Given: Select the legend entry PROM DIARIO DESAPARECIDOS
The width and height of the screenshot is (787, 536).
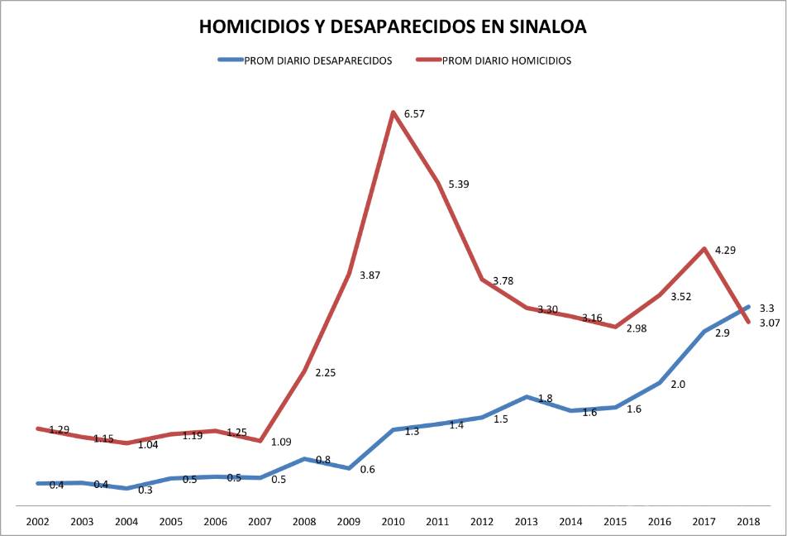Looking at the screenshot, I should pyautogui.click(x=317, y=60).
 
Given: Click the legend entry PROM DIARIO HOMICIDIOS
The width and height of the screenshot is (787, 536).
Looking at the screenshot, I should pyautogui.click(x=506, y=60).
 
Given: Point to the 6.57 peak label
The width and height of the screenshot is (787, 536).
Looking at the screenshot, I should pyautogui.click(x=413, y=113).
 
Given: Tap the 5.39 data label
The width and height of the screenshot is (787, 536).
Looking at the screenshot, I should pyautogui.click(x=458, y=184).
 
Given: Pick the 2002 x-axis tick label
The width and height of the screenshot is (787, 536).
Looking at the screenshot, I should pyautogui.click(x=36, y=522).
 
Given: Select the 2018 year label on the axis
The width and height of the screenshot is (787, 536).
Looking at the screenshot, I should pyautogui.click(x=748, y=522).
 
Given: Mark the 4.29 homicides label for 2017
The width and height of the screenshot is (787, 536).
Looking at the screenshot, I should pyautogui.click(x=724, y=249).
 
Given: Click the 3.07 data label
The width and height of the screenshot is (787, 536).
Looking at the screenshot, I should pyautogui.click(x=769, y=323).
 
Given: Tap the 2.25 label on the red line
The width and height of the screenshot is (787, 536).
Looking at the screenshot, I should pyautogui.click(x=324, y=372).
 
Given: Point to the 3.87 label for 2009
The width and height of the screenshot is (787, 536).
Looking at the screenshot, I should pyautogui.click(x=370, y=275).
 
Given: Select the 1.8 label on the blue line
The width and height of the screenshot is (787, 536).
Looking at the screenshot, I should pyautogui.click(x=545, y=399).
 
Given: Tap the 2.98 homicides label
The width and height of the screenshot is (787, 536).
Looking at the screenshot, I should pyautogui.click(x=636, y=328).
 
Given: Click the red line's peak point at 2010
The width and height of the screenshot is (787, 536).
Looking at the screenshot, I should pyautogui.click(x=392, y=112).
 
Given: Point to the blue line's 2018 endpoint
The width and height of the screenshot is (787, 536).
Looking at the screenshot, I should pyautogui.click(x=747, y=307).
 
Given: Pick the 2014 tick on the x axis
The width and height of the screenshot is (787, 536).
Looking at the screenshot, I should pyautogui.click(x=570, y=522).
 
